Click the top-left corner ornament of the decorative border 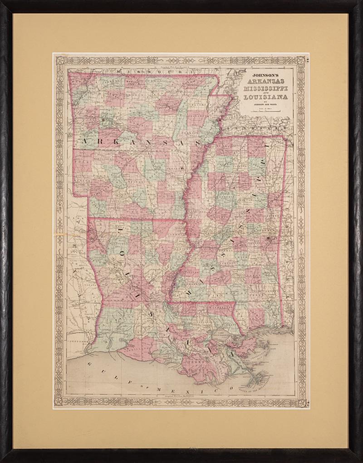59,59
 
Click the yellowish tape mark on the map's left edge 59,235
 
